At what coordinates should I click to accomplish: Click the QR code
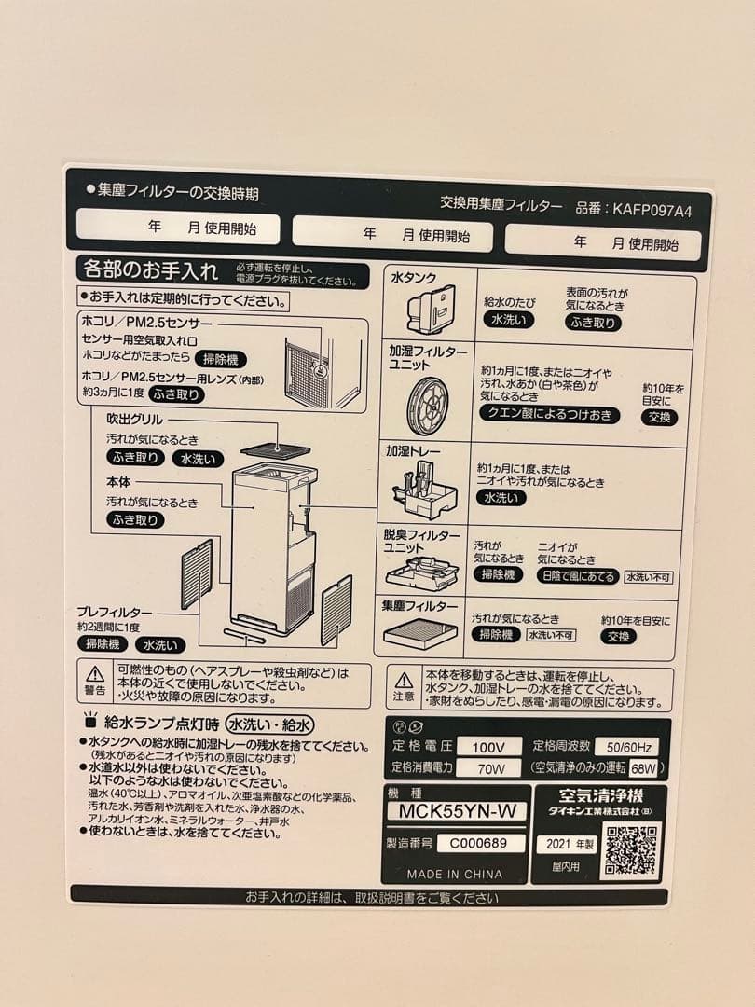(x=631, y=850)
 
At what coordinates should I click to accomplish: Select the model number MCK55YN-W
(x=457, y=811)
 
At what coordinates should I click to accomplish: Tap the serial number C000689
(x=473, y=843)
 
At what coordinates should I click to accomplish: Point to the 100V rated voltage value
(x=489, y=747)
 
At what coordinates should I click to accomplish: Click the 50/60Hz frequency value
(x=626, y=747)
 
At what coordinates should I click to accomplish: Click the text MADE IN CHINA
(x=454, y=875)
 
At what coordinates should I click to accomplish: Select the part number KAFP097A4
(x=652, y=211)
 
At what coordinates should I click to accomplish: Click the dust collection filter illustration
(x=420, y=634)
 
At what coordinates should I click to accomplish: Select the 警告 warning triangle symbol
(x=95, y=674)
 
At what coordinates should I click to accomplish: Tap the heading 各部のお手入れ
(x=151, y=271)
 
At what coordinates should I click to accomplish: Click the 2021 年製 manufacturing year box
(x=567, y=845)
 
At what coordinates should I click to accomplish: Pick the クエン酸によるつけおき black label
(x=549, y=415)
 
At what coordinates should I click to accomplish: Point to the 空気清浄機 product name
(x=601, y=796)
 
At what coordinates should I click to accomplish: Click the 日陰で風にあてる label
(x=578, y=576)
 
